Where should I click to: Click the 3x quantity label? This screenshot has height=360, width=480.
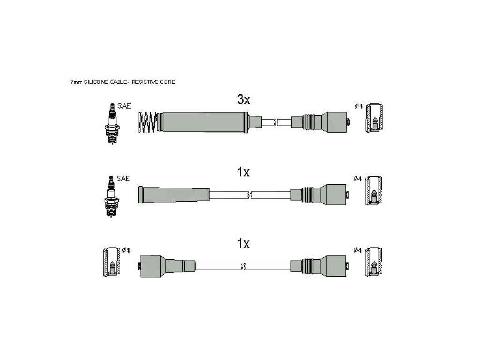[244, 99]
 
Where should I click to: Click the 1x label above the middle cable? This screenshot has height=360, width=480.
[243, 172]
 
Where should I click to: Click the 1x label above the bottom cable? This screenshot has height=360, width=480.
[243, 243]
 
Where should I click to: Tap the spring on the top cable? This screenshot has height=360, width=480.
[148, 122]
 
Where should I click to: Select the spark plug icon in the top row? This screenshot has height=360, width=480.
[112, 124]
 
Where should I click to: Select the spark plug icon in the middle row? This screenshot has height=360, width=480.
[112, 196]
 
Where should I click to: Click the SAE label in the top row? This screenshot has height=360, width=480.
[124, 106]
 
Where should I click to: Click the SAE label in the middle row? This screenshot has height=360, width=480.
[123, 179]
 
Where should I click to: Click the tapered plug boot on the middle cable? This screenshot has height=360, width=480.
[174, 195]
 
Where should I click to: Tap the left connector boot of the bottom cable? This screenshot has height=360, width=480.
[167, 266]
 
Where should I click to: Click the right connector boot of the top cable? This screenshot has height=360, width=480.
[320, 122]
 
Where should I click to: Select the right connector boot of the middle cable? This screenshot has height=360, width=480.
[319, 195]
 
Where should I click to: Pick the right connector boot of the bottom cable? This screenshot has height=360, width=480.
[319, 266]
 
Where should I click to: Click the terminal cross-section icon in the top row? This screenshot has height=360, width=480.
[374, 118]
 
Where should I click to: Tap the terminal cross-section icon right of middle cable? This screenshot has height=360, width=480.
[373, 190]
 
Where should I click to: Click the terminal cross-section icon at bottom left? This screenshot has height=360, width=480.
[112, 262]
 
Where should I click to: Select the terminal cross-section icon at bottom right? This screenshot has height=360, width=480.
[373, 262]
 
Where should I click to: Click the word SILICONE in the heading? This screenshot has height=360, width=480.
[96, 82]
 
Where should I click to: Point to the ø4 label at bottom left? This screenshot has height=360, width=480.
[126, 250]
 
